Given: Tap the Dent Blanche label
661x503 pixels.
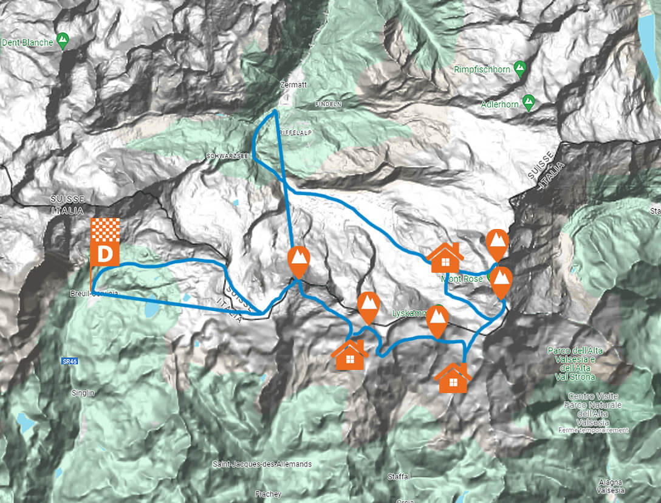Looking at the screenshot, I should (27, 43).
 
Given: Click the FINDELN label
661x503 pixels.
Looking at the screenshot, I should (329, 104).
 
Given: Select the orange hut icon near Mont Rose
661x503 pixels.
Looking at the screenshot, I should (445, 258).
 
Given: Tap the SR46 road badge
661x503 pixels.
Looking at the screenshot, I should (69, 361).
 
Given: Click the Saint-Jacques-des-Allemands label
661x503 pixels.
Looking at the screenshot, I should (262, 464).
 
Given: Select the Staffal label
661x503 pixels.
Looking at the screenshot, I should (398, 477).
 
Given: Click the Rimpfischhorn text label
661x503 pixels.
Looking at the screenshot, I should (482, 70).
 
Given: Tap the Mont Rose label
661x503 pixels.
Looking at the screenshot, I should (464, 279).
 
